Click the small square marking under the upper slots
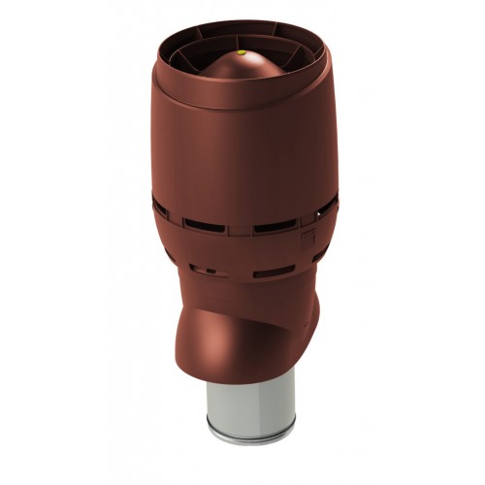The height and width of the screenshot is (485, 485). click(x=308, y=237)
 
